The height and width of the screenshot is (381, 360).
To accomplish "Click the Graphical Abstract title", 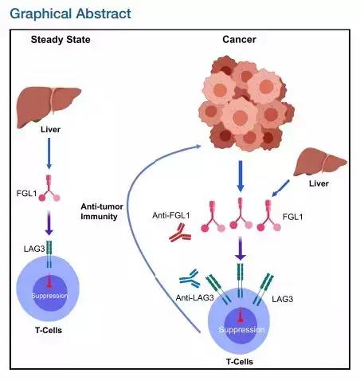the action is coord(70,14).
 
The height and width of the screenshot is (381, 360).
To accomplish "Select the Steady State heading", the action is coord(61,40).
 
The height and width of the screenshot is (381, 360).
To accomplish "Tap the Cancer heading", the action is coord(239,40).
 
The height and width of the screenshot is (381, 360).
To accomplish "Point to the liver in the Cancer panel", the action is coord(320,162).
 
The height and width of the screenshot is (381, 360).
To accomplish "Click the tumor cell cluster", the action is coord(246,103).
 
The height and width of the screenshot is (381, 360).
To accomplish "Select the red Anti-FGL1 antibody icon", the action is coord(180,233).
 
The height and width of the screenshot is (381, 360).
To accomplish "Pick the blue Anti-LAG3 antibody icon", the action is coord(190,278).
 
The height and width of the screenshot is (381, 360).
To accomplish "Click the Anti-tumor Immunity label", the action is coord(102,211).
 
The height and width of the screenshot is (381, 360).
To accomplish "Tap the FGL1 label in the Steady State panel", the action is coord(26,193).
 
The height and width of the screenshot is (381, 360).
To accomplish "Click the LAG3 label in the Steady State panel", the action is coord(34,249).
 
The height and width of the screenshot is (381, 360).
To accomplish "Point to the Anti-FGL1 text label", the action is coord(171,215).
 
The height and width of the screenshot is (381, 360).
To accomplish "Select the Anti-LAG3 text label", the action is coord(194,298).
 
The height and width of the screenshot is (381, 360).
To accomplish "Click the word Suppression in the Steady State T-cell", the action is coord(49,296).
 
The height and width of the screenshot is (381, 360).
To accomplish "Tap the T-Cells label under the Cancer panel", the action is coord(240,362).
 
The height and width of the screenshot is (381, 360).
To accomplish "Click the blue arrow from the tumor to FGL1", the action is coord(241,176).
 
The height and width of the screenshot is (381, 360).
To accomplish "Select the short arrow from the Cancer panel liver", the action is coord(280,188).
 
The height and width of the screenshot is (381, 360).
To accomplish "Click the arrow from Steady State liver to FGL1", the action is coord(49,154).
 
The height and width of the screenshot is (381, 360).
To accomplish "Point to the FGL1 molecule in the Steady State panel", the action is coord(49,188).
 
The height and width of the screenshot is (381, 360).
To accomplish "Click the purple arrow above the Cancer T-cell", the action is coord(241,248).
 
